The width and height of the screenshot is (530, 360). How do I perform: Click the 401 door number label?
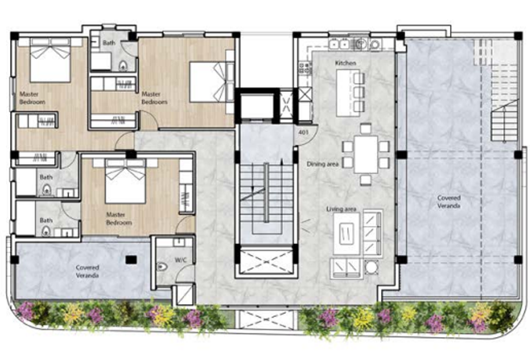click(303, 133)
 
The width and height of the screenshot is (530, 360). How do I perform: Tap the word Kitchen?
click(346, 63)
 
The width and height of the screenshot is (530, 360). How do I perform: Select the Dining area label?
click(323, 164)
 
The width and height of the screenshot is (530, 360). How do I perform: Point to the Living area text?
click(341, 209)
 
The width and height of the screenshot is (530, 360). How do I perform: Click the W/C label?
click(180, 260)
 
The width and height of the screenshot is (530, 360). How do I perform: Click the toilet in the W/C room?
click(162, 267)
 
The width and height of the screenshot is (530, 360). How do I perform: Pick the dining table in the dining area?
click(365, 155)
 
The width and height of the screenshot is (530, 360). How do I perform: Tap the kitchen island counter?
click(348, 93)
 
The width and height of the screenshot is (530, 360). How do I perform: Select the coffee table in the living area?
click(347, 234)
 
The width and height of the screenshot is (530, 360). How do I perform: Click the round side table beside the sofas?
click(371, 267)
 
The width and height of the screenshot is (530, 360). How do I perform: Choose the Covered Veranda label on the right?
click(448, 202)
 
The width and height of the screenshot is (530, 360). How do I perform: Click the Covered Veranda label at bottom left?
click(87, 271)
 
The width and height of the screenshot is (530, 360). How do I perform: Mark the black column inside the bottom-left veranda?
click(131, 260)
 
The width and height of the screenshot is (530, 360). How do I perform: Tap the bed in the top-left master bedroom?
click(50, 60)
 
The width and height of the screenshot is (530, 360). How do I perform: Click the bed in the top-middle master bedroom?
click(212, 82)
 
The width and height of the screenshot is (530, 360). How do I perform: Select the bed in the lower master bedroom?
click(125, 181)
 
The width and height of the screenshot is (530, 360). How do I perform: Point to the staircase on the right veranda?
click(504, 121)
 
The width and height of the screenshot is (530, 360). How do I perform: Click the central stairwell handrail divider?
click(267, 192)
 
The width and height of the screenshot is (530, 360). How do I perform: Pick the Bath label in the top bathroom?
click(109, 43)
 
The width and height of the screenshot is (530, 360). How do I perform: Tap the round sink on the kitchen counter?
click(361, 44)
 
